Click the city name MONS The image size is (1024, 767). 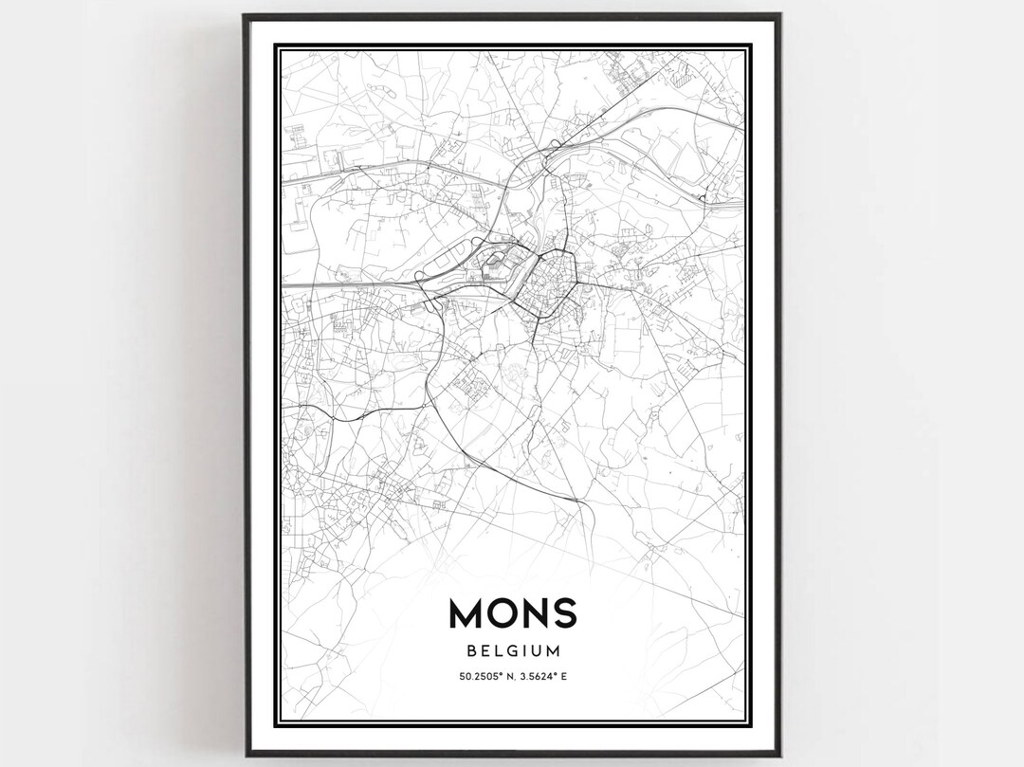click(x=512, y=613)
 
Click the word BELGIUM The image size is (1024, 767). click(x=512, y=651)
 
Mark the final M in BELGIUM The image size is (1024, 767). click(x=554, y=651)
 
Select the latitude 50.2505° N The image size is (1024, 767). click(x=485, y=676)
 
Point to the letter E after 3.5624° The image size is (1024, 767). click(x=564, y=676)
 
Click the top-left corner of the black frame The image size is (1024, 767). click(x=244, y=15)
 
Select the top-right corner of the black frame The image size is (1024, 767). click(x=780, y=15)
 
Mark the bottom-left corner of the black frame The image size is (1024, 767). click(x=244, y=755)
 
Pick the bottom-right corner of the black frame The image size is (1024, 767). click(x=780, y=755)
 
